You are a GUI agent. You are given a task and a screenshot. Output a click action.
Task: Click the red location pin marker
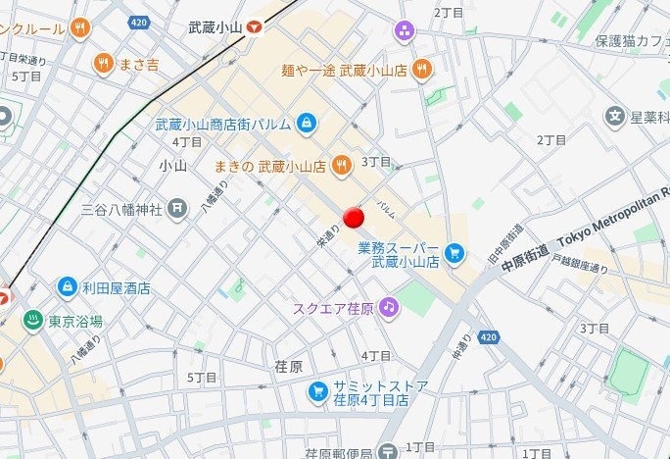(x=354, y=218)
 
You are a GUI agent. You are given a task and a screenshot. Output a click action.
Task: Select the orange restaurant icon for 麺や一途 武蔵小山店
(x=421, y=68)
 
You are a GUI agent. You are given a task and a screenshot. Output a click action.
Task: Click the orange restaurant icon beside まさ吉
(x=102, y=64)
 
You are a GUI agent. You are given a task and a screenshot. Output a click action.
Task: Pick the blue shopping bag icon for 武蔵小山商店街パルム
(x=307, y=124)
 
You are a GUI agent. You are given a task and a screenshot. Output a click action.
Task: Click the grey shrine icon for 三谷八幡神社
(x=176, y=207)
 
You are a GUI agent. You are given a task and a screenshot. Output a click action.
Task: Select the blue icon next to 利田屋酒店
(x=67, y=287)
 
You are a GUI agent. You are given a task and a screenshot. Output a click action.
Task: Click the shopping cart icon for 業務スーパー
(x=454, y=254)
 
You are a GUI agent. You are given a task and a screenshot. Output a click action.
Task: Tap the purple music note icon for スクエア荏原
(x=390, y=308)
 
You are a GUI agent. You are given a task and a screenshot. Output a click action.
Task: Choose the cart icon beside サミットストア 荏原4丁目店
(x=317, y=392)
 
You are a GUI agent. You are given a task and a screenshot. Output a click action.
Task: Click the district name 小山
(x=172, y=167)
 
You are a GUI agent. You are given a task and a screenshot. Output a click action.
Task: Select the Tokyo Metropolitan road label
(x=613, y=215)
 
